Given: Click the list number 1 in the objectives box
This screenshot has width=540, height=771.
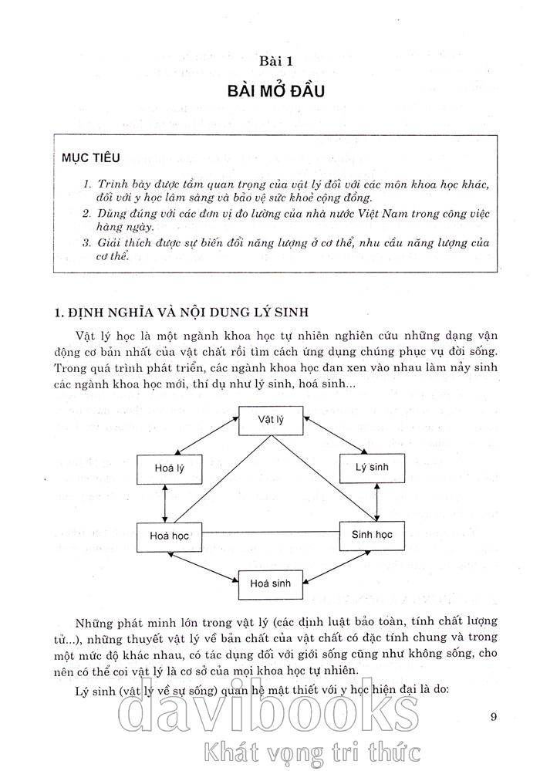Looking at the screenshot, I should (87, 186).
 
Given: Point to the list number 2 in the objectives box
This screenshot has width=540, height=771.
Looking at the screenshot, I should (87, 214).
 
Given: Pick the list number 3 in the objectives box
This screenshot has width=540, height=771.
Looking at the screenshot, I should (87, 242).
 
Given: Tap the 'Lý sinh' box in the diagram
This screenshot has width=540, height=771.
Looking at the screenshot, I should (372, 467).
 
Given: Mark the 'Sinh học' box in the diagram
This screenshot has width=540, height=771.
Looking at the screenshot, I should (372, 534).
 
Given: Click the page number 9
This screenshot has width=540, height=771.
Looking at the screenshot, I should (494, 717).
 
